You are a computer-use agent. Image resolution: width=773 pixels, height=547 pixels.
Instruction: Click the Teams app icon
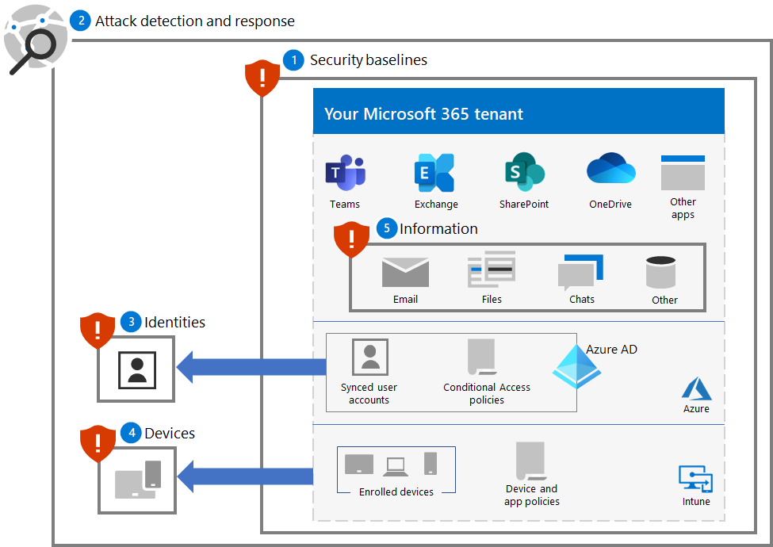tap(345, 173)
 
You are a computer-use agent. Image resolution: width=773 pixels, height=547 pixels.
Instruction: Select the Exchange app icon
tap(434, 173)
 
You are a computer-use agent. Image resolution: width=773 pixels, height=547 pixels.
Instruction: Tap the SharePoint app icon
tap(524, 172)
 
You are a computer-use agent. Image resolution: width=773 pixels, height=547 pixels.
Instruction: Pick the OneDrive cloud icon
tap(610, 170)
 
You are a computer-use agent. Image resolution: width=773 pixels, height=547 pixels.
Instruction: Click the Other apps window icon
tap(683, 172)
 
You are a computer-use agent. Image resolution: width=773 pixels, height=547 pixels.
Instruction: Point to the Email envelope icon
tap(405, 273)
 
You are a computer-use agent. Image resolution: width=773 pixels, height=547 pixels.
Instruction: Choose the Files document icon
tap(492, 271)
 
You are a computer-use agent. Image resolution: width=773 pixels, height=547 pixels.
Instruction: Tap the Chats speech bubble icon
tap(580, 273)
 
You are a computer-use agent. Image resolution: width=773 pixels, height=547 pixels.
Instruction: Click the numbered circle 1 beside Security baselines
tap(293, 60)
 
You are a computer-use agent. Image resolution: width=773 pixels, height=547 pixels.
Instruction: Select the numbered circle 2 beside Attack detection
tap(80, 21)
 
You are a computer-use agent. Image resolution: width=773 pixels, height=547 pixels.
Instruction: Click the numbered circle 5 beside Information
tap(386, 229)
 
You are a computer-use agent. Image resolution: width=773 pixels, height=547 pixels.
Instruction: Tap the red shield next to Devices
tap(98, 443)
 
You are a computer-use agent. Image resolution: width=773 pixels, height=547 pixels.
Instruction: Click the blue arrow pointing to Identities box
tap(251, 366)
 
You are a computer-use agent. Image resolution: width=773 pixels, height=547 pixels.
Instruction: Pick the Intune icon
tap(695, 479)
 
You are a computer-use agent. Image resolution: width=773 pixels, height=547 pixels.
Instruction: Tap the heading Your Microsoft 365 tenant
tap(423, 114)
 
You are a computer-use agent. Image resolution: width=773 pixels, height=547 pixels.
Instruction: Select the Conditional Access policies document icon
tap(481, 357)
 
